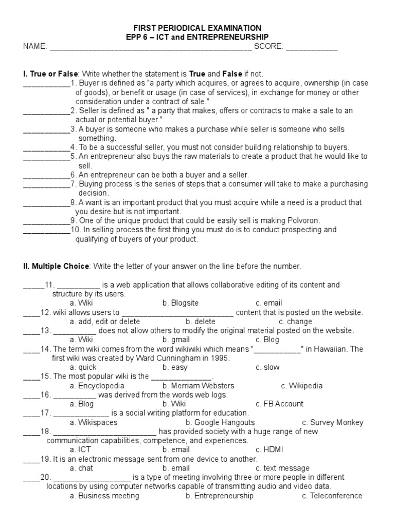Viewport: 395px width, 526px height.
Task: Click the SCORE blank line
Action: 311,48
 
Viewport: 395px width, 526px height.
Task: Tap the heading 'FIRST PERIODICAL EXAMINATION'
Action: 197,28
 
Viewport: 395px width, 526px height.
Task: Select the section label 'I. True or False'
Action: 50,74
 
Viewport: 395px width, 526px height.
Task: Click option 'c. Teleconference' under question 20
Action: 332,496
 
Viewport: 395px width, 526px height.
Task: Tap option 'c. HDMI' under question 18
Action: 269,449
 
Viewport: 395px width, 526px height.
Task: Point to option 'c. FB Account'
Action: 279,404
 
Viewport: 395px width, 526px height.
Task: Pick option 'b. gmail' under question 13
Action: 176,340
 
